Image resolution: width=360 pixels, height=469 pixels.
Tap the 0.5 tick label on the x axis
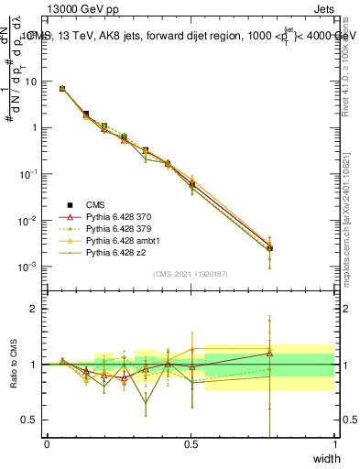pyautogui.click(x=191, y=444)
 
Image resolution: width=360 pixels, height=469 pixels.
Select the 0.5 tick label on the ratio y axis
pyautogui.click(x=32, y=420)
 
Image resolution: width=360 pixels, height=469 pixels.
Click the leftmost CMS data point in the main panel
pyautogui.click(x=61, y=89)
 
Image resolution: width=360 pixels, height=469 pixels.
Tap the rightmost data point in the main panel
pyautogui.click(x=269, y=248)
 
